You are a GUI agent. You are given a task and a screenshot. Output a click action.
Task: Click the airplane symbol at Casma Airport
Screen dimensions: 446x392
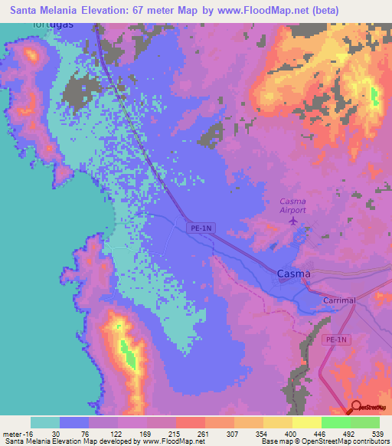(293, 221)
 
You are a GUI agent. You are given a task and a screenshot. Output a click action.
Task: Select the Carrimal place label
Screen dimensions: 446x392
(339, 300)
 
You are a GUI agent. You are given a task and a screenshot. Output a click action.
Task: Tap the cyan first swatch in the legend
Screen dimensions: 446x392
(45, 422)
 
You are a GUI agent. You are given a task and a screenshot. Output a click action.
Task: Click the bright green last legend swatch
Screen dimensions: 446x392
(364, 422)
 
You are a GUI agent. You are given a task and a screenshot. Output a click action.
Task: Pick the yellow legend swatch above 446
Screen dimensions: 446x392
(306, 422)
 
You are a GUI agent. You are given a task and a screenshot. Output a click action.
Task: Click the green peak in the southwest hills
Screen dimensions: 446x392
(126, 353)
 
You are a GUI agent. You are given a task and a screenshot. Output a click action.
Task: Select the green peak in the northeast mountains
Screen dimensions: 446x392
(374, 96)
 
